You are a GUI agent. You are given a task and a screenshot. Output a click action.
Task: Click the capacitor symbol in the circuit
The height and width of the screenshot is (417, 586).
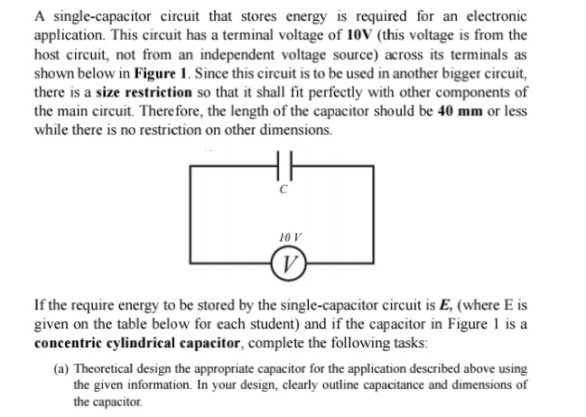point(284,165)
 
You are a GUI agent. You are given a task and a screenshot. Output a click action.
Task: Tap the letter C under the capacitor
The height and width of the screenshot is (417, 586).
point(284,190)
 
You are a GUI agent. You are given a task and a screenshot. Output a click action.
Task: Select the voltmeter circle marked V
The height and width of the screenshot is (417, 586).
point(289,263)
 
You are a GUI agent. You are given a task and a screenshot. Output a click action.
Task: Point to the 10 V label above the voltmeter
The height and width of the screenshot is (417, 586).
point(290,237)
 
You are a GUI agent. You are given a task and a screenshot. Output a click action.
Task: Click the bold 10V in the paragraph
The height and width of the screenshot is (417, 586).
point(359,35)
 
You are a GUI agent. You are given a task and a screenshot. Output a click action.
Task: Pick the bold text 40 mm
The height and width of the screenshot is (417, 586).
point(460,111)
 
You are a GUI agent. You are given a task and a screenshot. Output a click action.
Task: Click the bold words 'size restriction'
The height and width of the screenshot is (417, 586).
point(144,92)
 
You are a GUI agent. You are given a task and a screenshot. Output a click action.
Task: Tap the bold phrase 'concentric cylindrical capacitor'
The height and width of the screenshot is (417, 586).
point(136,343)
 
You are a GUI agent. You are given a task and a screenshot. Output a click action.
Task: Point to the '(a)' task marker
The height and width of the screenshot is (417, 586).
point(61,369)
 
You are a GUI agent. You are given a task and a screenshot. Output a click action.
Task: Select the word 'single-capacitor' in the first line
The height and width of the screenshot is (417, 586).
point(102,17)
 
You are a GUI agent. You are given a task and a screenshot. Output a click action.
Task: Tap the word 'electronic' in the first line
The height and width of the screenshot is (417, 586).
point(497,16)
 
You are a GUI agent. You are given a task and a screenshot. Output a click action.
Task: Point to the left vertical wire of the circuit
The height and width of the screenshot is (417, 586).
point(191,214)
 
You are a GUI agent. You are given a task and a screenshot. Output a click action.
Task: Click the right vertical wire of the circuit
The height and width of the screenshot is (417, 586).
point(373,214)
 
